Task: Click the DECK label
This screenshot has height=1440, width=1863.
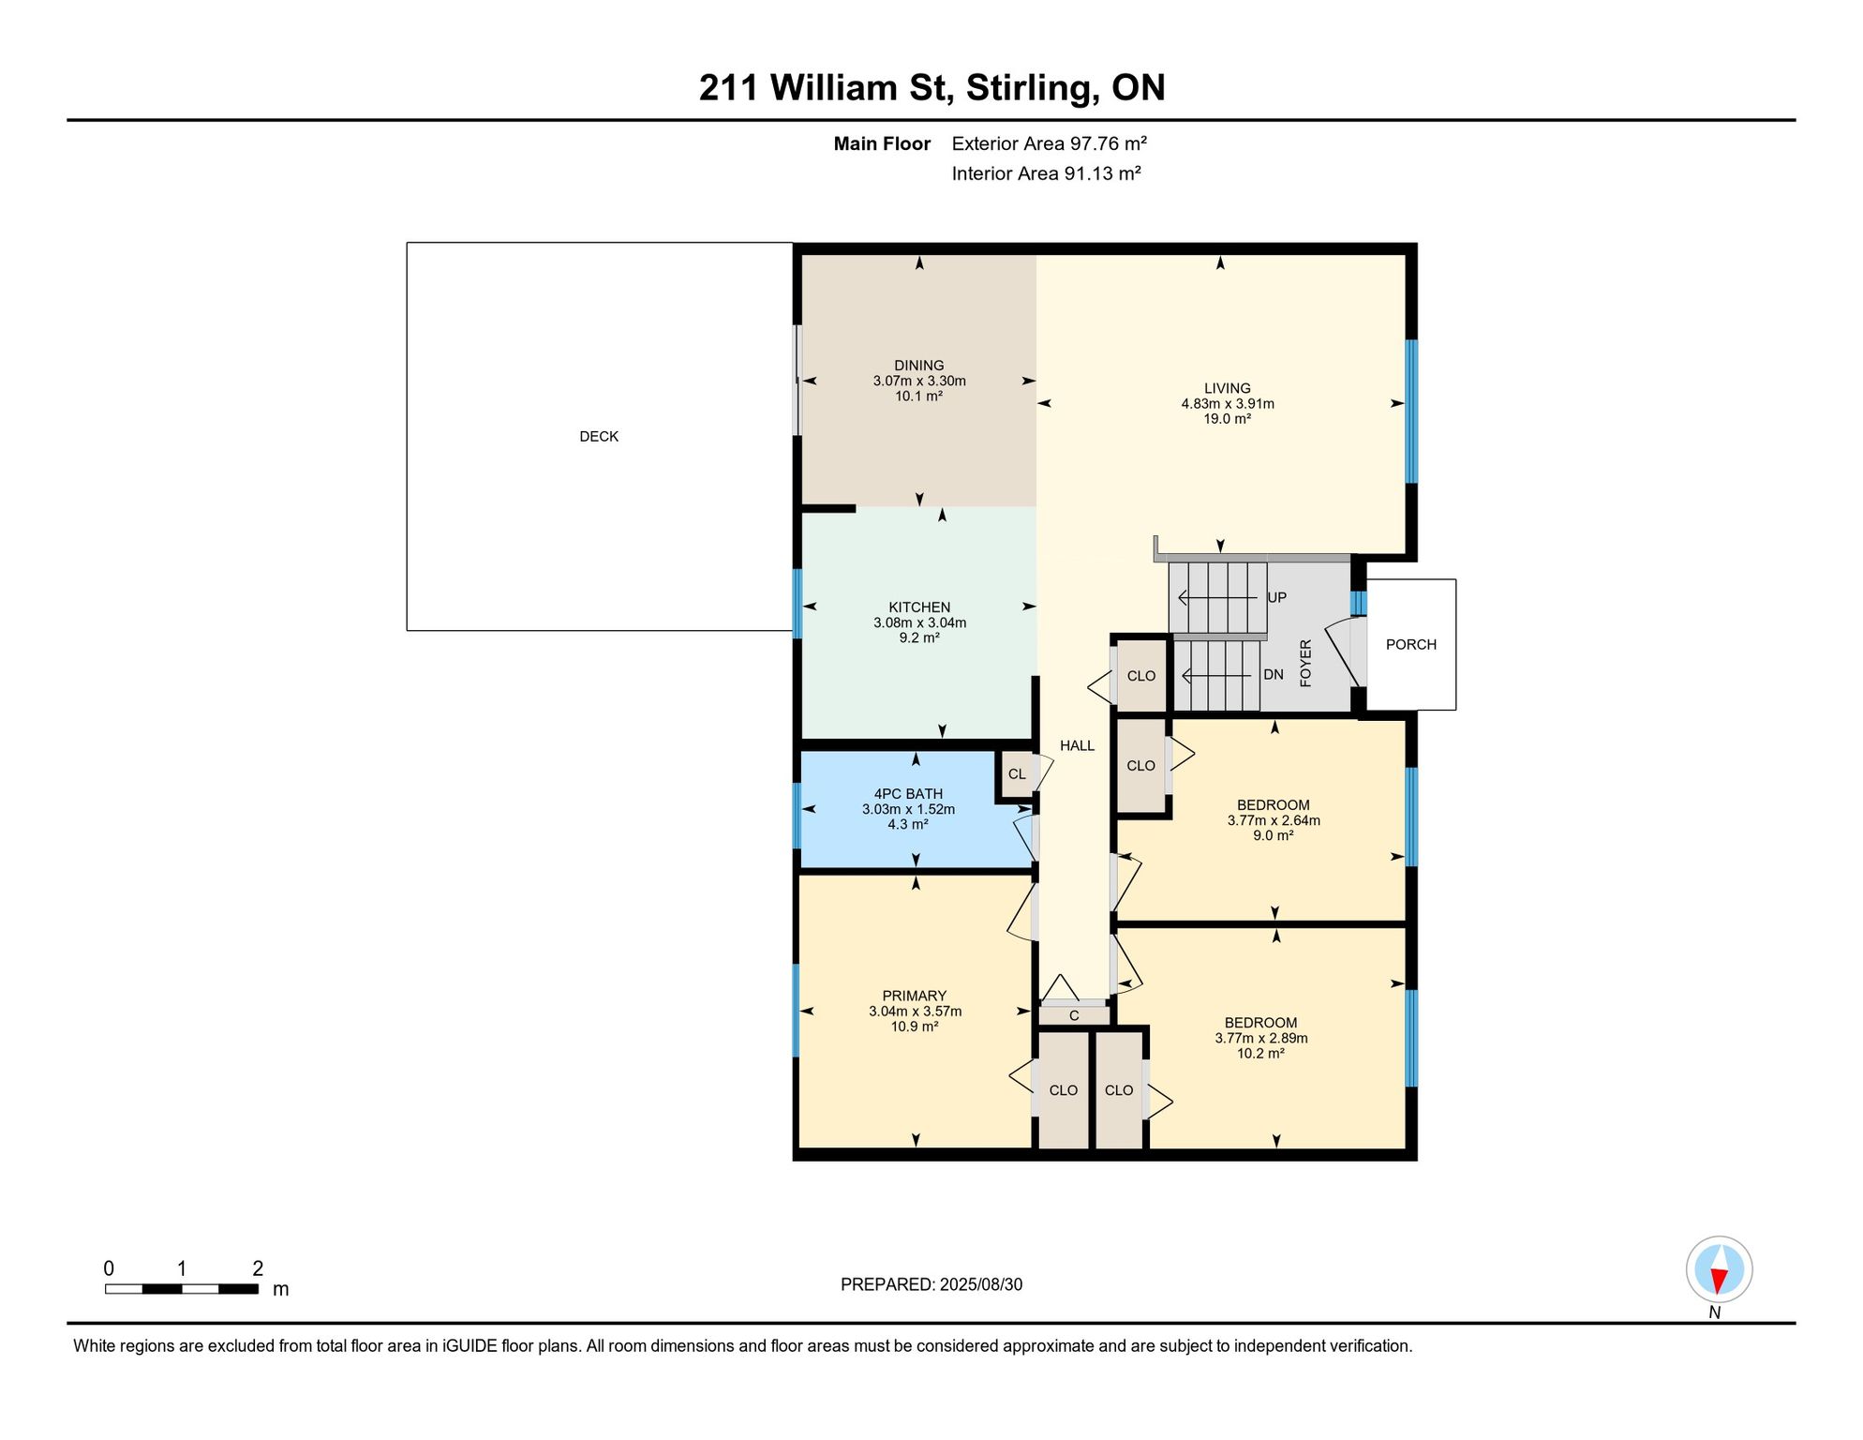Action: [599, 437]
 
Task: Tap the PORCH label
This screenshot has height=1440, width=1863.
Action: [1410, 645]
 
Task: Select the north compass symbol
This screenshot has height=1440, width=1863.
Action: [1719, 1270]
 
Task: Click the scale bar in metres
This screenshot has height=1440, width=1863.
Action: [182, 1289]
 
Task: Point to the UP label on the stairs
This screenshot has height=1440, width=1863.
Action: [1276, 598]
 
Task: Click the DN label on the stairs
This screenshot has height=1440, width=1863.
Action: [1274, 675]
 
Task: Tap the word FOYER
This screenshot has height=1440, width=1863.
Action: [1305, 664]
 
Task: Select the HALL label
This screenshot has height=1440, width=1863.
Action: [1077, 746]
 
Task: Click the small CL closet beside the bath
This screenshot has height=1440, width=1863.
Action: [1017, 774]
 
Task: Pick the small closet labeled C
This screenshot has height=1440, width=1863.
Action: [1074, 1015]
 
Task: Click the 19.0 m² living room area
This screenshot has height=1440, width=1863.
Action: [1228, 419]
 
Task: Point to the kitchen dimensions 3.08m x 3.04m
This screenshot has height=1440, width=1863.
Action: [919, 623]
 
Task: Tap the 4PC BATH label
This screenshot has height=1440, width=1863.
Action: [908, 794]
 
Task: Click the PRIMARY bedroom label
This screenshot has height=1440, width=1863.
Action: [915, 997]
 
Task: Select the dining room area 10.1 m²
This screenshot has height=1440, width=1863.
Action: [918, 397]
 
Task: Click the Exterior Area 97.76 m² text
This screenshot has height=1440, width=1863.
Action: [1050, 144]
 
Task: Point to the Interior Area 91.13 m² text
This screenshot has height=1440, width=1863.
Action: [1047, 174]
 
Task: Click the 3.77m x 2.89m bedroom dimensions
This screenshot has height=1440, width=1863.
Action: [1261, 1039]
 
